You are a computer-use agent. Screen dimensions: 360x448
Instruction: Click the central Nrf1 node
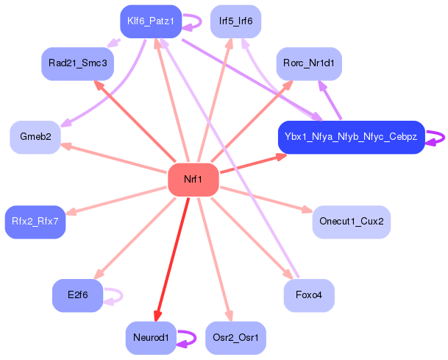pos(193,180)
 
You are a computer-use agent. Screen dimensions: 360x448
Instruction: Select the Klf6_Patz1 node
pos(150,21)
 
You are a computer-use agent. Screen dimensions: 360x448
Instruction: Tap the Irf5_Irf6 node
pos(235,21)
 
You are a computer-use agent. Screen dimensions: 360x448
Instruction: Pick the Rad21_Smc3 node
pos(77,64)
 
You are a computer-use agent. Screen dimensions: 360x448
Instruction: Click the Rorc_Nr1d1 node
pos(309,64)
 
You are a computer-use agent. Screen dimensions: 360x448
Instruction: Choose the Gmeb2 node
pos(35,137)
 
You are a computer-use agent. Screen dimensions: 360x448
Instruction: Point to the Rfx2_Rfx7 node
pos(35,221)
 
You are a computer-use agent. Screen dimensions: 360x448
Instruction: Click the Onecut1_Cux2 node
pos(351,221)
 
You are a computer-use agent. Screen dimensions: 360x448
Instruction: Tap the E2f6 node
pos(77,295)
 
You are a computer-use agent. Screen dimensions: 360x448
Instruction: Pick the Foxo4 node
pos(309,295)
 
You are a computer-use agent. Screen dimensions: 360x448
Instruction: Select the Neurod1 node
pos(151,338)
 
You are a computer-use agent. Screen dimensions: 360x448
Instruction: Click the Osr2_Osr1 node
pos(235,338)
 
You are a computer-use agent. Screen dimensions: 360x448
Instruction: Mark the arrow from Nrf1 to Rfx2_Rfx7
pos(118,200)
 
